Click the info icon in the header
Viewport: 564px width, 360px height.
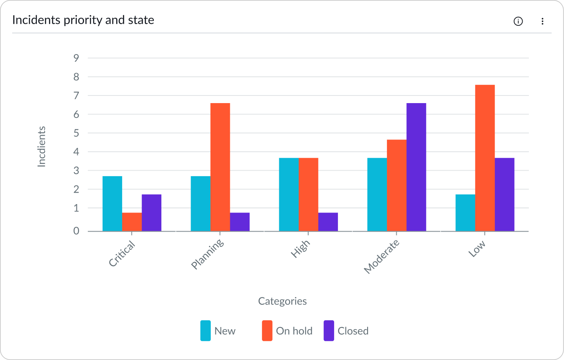[518, 21]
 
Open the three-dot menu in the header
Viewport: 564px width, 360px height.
[542, 21]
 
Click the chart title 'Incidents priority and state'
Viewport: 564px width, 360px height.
[83, 20]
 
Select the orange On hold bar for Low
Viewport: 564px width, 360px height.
[485, 158]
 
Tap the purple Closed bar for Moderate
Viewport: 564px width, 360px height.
[416, 167]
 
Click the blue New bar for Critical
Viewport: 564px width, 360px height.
[112, 204]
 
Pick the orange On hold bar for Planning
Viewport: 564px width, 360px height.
[220, 167]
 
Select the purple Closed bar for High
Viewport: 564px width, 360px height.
[328, 222]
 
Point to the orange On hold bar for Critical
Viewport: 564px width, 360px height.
[132, 222]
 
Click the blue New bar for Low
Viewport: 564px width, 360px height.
[465, 213]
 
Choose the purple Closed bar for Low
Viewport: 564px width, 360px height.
[504, 194]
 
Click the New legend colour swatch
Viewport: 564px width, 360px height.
[205, 331]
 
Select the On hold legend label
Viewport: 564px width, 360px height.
[294, 331]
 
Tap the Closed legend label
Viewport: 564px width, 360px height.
[353, 331]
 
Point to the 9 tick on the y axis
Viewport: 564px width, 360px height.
[76, 58]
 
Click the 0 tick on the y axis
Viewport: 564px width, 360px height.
[76, 231]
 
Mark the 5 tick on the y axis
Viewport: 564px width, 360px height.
[76, 133]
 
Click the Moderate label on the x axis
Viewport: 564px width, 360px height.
[381, 257]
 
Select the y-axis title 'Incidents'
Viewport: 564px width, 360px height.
[41, 147]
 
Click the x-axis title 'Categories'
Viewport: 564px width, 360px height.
[282, 301]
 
